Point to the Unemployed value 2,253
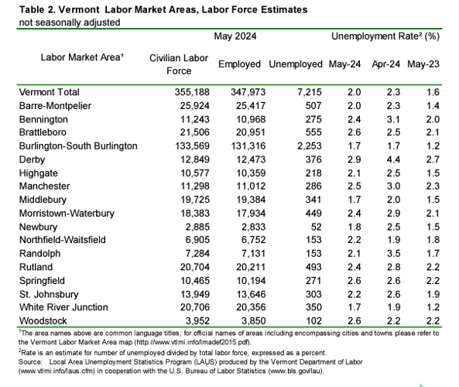click(297, 146)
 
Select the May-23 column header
click(424, 64)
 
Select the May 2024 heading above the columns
click(235, 36)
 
